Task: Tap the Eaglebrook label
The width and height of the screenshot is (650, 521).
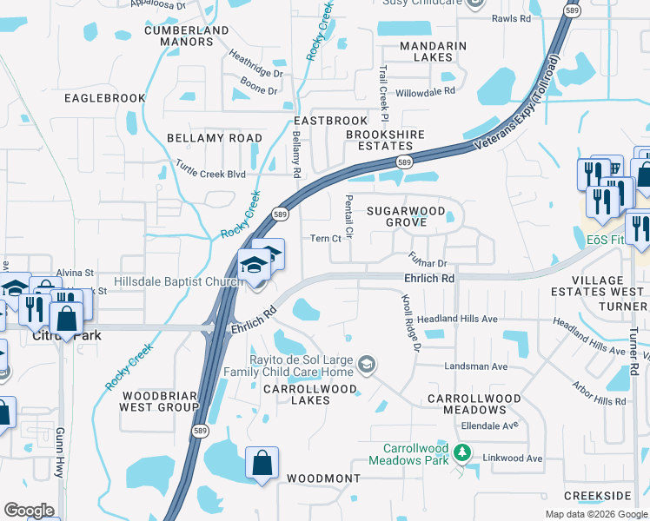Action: [105, 98]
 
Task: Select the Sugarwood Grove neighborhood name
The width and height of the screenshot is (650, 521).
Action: [406, 217]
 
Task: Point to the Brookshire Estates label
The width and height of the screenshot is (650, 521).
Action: [386, 141]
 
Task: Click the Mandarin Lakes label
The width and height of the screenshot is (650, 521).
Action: [433, 52]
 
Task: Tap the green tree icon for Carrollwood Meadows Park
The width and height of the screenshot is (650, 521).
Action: [463, 452]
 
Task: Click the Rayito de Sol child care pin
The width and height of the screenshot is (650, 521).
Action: [368, 363]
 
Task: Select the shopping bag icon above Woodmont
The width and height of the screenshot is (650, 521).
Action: [262, 465]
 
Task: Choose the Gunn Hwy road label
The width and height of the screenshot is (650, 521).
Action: [60, 444]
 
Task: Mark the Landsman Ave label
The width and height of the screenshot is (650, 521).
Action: [475, 366]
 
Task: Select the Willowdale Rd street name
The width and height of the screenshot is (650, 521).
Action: [426, 90]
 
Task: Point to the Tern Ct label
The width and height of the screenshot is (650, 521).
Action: [325, 239]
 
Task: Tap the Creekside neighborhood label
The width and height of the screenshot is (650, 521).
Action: [597, 495]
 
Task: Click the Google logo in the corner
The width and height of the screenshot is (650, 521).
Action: [29, 511]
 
